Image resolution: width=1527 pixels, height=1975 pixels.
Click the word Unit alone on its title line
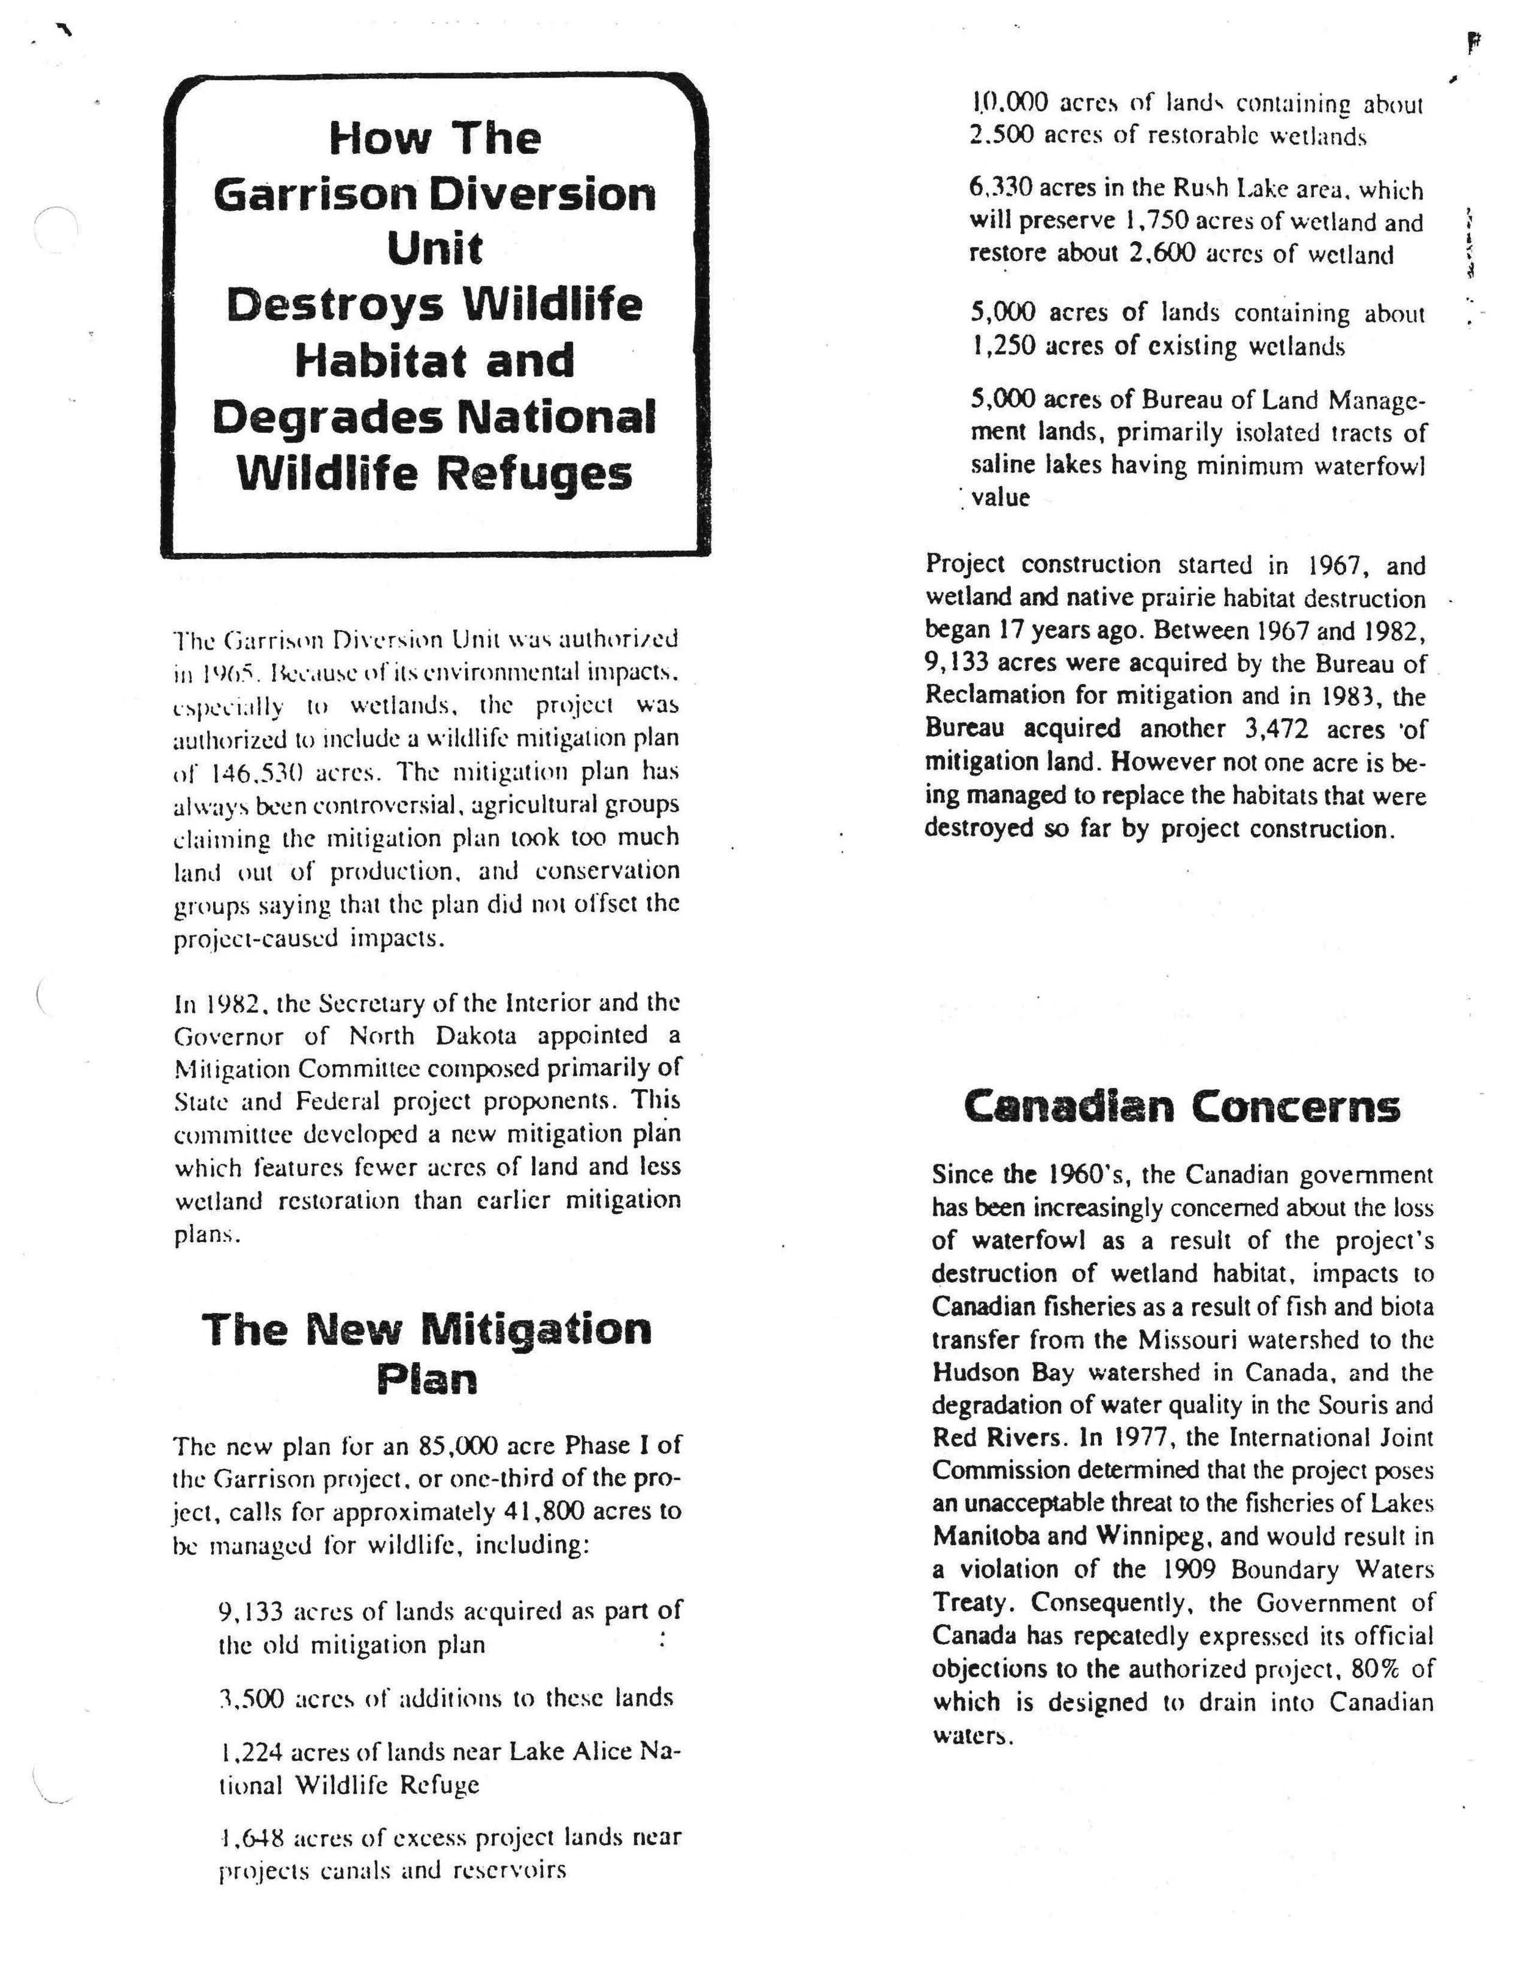click(x=435, y=248)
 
